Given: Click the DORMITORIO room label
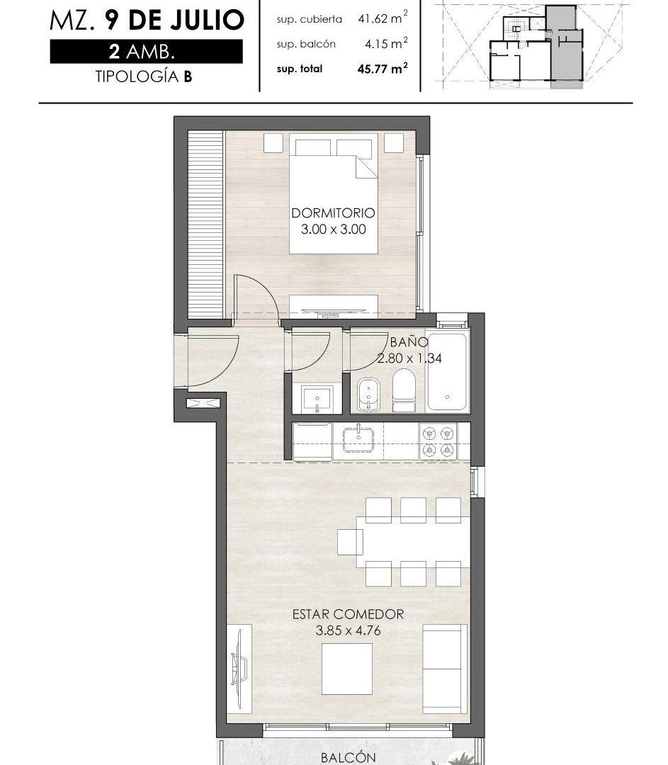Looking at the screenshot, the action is pyautogui.click(x=333, y=213).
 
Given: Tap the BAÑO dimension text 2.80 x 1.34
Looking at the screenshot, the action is pyautogui.click(x=409, y=358).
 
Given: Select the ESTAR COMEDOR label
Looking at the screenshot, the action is pyautogui.click(x=348, y=614).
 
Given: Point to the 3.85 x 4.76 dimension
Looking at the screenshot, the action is pyautogui.click(x=348, y=630).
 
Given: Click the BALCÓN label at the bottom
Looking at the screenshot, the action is pyautogui.click(x=348, y=758).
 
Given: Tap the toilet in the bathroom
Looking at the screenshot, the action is pyautogui.click(x=403, y=390).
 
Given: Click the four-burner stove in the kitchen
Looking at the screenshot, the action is pyautogui.click(x=438, y=441).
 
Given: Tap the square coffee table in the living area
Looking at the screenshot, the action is pyautogui.click(x=347, y=669).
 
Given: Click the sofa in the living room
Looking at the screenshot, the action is pyautogui.click(x=442, y=669).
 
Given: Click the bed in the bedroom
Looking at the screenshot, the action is pyautogui.click(x=333, y=193).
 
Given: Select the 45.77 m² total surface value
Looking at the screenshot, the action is pyautogui.click(x=383, y=68).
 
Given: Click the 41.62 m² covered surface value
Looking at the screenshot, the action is pyautogui.click(x=383, y=18).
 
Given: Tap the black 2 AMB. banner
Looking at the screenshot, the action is pyautogui.click(x=147, y=51).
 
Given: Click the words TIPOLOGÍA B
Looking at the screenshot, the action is pyautogui.click(x=144, y=76).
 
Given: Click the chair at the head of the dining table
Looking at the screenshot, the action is pyautogui.click(x=350, y=542).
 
